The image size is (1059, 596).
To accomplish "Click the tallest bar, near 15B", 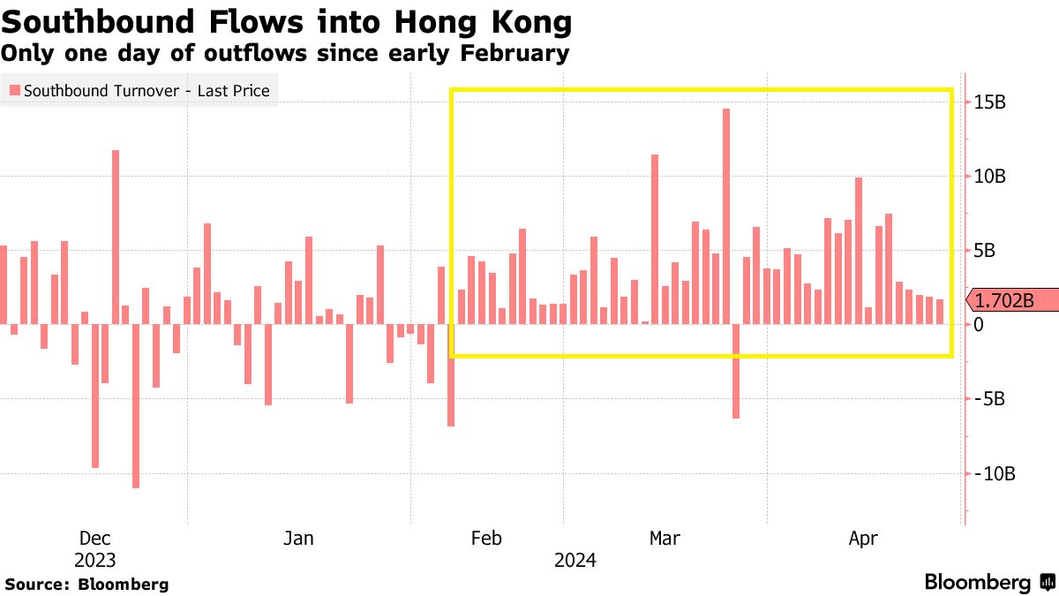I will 726,216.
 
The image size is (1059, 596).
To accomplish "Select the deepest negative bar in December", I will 136,405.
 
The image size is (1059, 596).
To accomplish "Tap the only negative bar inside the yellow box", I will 736,371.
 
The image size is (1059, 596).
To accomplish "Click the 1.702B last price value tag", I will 1013,300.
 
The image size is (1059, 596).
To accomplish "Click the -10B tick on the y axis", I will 994,473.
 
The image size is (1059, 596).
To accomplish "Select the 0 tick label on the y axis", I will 980,325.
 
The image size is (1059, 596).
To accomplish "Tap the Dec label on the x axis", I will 94,538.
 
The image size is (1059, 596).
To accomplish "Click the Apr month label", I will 863,538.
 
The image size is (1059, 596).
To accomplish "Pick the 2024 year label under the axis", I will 575,560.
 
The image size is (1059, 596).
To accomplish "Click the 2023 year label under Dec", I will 94,560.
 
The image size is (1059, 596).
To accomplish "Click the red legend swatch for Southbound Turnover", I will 14,91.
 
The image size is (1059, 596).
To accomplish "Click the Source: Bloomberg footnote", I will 86,584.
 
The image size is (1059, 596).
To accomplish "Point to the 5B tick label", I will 987,251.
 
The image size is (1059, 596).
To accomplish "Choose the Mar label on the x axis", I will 665,538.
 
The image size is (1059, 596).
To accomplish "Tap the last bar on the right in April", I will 940,312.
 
